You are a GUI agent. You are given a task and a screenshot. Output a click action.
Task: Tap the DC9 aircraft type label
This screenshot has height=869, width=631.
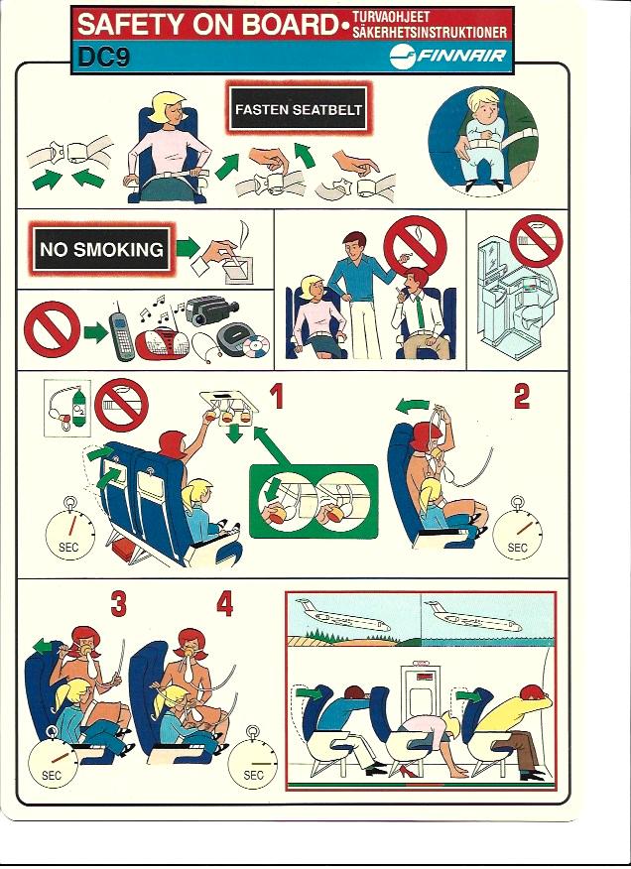pos(104,57)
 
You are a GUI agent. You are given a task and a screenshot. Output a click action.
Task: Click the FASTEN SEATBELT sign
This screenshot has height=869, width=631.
pos(298,109)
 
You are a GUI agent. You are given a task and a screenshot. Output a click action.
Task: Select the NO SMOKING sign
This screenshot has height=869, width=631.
pos(101,249)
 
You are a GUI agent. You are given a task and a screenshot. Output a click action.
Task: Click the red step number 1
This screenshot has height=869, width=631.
pos(277,397)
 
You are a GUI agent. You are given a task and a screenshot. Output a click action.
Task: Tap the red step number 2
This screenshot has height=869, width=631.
pos(521,397)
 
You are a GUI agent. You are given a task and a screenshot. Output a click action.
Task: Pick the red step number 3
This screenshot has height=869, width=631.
pos(118,604)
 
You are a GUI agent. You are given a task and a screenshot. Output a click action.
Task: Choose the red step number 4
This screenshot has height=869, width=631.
pos(224,604)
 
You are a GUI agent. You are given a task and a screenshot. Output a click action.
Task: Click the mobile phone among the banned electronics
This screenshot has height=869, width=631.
pos(120,330)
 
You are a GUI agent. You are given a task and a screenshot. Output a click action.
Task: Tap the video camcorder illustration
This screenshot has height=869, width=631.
pos(210,310)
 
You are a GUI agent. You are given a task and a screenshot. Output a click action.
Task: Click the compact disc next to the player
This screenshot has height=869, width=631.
pos(256,348)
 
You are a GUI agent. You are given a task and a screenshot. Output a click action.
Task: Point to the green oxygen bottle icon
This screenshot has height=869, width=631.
pos(79,408)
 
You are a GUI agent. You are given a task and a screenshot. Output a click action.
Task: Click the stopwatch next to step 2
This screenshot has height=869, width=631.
pos(517,528)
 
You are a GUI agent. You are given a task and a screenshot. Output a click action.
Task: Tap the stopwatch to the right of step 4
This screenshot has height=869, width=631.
pos(253,758)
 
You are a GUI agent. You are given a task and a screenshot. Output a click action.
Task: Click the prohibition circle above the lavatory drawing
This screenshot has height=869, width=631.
pos(536,241)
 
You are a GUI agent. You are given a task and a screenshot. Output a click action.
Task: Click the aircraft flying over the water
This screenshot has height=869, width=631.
pos(473,616)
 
